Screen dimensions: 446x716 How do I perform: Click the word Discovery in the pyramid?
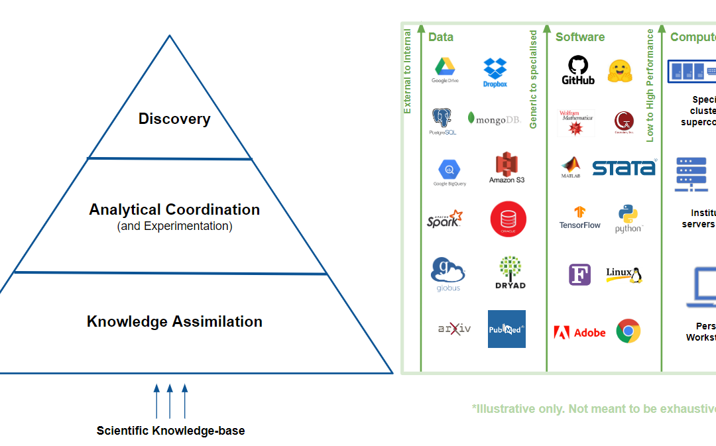174,119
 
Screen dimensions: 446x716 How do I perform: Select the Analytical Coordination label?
174,210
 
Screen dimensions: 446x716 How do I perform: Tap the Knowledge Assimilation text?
174,322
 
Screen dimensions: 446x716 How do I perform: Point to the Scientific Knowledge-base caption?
170,431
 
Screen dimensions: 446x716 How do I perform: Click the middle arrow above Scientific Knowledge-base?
170,400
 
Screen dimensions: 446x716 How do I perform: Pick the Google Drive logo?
445,70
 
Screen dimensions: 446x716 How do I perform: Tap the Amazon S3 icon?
507,168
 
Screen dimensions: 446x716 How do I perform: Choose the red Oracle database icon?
508,219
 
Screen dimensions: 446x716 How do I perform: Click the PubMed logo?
507,329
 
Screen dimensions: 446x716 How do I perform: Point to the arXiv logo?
454,328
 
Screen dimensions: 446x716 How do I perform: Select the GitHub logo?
578,70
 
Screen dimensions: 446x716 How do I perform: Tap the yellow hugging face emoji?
620,71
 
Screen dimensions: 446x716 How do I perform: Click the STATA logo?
623,168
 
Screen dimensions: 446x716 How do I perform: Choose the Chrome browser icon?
628,331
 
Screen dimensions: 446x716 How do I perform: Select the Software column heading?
580,37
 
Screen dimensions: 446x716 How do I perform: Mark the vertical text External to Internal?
407,71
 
